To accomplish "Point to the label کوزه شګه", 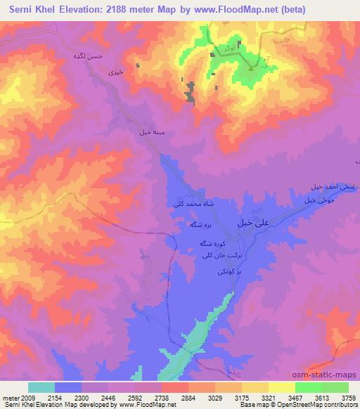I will pyautogui.click(x=210, y=242).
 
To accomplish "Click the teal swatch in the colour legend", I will pyautogui.click(x=41, y=387).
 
